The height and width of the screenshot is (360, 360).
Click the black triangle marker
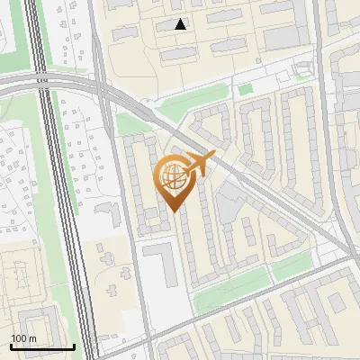pos(181,24)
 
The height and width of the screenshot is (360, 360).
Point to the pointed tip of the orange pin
pos(172,211)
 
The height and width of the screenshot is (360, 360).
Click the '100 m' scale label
pos(23,338)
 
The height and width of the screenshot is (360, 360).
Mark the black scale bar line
pos(42,346)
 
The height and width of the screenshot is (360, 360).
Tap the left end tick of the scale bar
pos(11,345)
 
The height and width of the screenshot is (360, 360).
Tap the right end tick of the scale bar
pos(74,345)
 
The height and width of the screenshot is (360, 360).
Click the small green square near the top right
pos(245,89)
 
